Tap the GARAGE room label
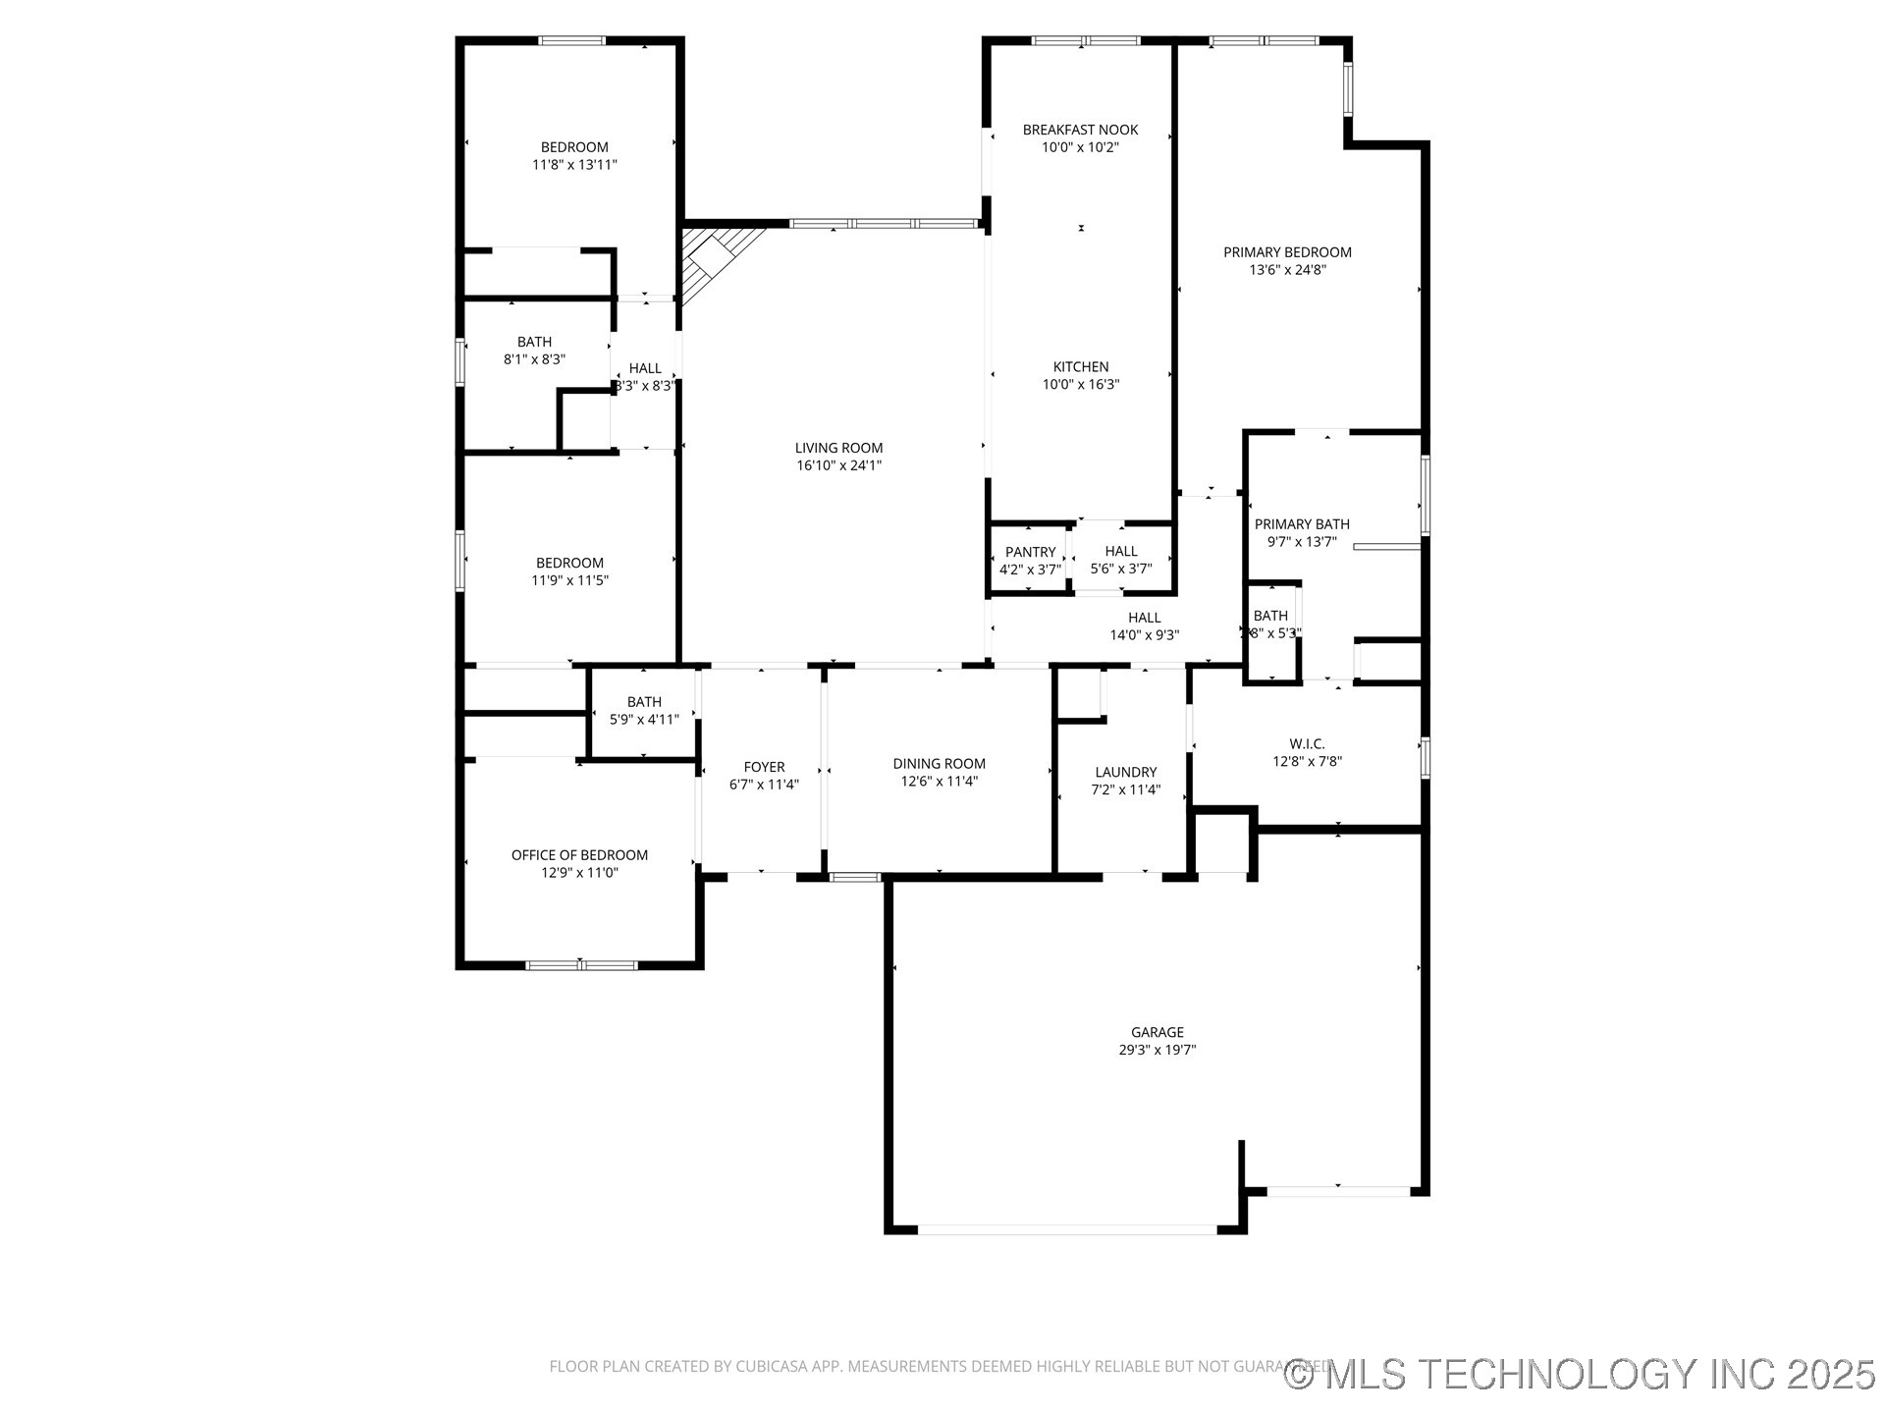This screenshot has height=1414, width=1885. pos(1157,1032)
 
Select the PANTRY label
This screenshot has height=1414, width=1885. pos(1030,553)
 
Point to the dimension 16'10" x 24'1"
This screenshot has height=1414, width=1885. pos(838,465)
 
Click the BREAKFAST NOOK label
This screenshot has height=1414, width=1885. pos(1080,130)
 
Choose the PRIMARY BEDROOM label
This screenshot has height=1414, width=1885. pos(1287,252)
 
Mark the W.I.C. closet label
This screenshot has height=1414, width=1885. pos(1307,744)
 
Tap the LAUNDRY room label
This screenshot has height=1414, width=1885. pos(1125,773)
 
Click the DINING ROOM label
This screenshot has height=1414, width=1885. pos(939,764)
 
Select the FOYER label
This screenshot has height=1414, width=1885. pos(764,767)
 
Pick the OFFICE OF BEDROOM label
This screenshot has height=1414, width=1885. pos(579,855)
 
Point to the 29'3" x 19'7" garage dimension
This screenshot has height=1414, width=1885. pos(1157,1050)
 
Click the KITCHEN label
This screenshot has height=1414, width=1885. pos(1080,367)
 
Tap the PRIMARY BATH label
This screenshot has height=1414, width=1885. pos(1302,524)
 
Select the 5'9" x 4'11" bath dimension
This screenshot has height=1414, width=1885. pos(644,720)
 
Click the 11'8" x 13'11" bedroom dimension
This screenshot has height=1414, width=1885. pos(574,165)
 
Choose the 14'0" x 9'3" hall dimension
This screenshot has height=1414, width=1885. pos(1144,635)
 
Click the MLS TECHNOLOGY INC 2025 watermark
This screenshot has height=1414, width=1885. pos(1580,1373)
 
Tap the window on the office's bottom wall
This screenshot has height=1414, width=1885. pos(581,965)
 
